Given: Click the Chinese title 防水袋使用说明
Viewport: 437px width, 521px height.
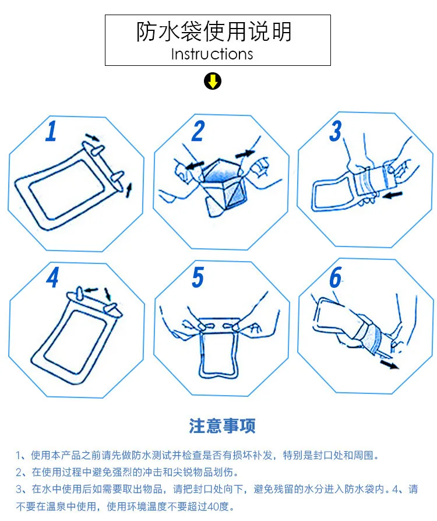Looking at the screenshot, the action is (x=214, y=31).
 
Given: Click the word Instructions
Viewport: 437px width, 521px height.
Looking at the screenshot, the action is (x=212, y=54).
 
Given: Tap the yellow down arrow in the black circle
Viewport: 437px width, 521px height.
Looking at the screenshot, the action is (x=213, y=82).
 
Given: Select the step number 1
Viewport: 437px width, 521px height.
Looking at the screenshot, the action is (x=51, y=131).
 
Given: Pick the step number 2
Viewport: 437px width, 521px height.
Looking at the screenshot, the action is (x=198, y=131).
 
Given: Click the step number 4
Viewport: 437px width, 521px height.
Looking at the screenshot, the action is (x=52, y=277).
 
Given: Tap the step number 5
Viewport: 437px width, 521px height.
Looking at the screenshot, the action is (x=198, y=277).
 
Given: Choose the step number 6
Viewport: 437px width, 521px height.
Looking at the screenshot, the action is (x=336, y=277).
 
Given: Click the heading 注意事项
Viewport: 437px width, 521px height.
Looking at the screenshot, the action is (x=223, y=425).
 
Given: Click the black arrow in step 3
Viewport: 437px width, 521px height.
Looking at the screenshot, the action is (x=393, y=195).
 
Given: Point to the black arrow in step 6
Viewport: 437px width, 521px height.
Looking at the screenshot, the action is (x=389, y=364).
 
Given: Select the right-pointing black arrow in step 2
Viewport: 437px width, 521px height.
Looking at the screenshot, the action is (x=245, y=154).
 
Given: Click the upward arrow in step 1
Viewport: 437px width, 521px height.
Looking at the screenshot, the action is (x=129, y=190).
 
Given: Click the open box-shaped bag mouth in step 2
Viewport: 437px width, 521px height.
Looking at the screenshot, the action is (x=225, y=186).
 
